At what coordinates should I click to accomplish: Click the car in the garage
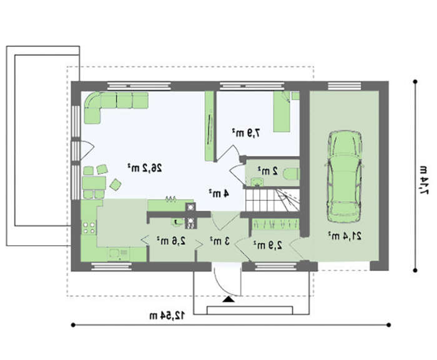(x=345, y=177)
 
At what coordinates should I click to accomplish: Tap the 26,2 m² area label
(x=145, y=168)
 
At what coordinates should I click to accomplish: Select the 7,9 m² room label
(x=247, y=133)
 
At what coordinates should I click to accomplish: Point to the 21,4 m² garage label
(x=345, y=236)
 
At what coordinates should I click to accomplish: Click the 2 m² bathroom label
(x=268, y=170)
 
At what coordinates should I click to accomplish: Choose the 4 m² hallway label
(x=219, y=193)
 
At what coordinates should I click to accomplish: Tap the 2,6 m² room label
(x=171, y=240)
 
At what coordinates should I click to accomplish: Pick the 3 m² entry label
(x=220, y=241)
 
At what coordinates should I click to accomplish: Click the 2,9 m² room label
(x=268, y=245)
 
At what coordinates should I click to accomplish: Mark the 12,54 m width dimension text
(x=167, y=316)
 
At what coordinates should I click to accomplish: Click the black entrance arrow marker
(x=229, y=299)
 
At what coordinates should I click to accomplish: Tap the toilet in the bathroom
(x=292, y=174)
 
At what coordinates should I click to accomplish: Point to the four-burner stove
(x=89, y=227)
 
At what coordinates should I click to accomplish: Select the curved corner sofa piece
(x=93, y=100)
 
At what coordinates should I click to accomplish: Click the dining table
(x=94, y=183)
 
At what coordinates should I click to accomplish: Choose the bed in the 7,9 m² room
(x=282, y=112)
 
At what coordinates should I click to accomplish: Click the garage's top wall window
(x=345, y=86)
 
